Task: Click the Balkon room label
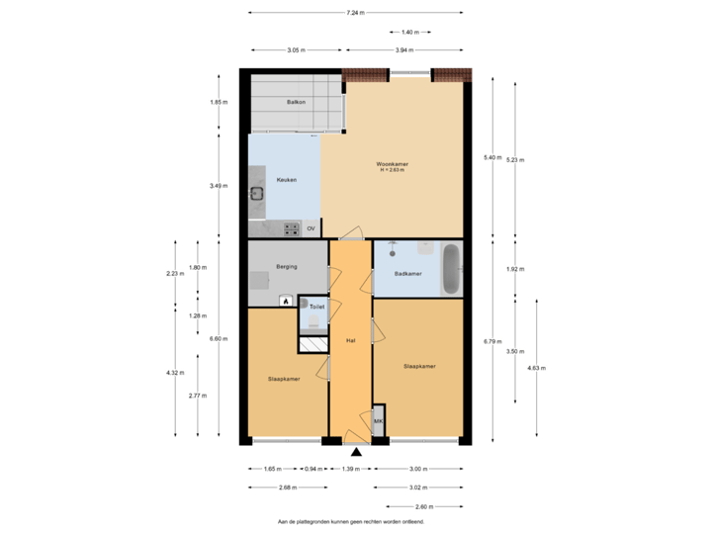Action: [296, 102]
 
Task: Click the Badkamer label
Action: [407, 274]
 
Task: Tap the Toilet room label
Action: [316, 308]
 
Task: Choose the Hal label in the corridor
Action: [350, 341]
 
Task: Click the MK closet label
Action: [378, 422]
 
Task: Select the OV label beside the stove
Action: [311, 229]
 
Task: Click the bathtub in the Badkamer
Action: [451, 268]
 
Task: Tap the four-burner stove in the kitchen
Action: [292, 228]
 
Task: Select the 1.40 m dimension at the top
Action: [410, 33]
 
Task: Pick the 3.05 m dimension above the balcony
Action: [296, 49]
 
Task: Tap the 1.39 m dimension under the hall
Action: [350, 469]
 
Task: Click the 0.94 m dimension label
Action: [313, 469]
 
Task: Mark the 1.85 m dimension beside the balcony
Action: [219, 102]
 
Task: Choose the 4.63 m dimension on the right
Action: [537, 368]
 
